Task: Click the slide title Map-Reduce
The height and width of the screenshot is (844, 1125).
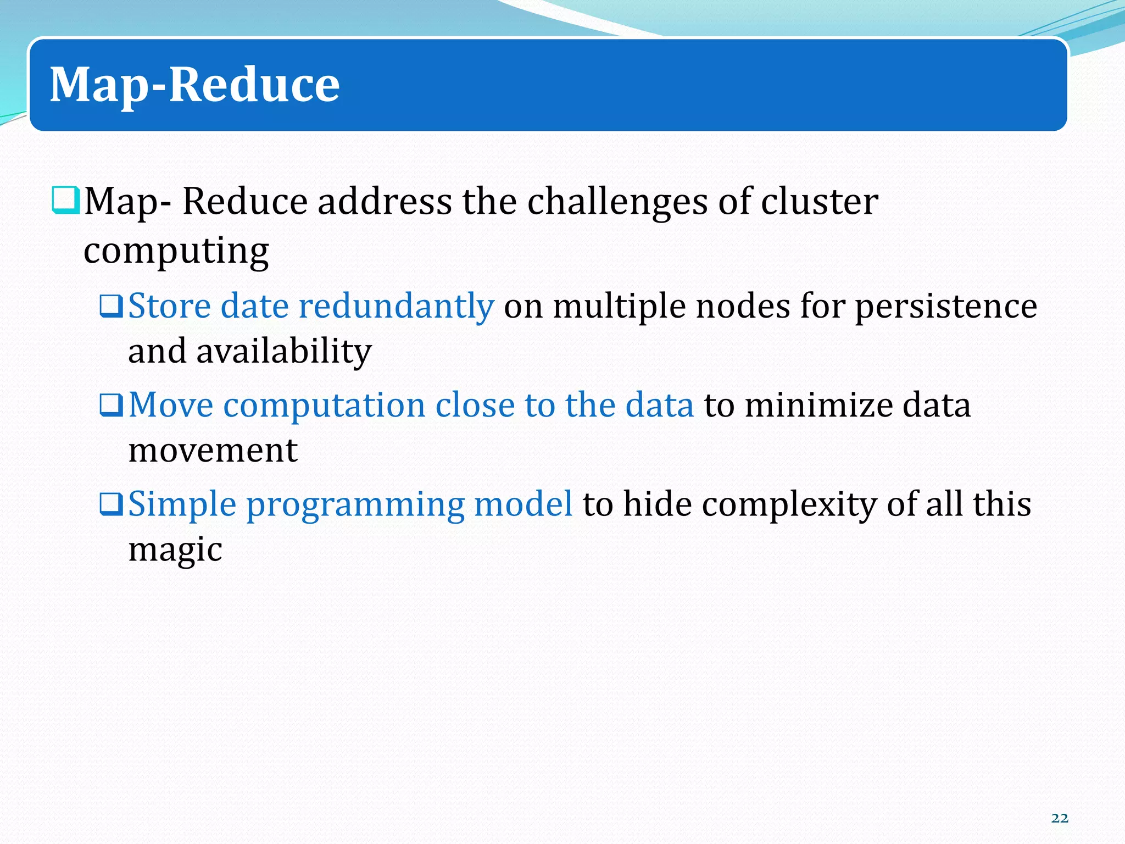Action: click(194, 85)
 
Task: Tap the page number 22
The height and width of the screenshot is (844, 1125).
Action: click(1060, 818)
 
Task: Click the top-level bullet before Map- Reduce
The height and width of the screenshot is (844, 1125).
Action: click(66, 200)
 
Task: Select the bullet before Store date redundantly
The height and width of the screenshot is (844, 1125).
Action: click(111, 306)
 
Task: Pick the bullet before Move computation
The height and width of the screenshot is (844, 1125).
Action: click(111, 406)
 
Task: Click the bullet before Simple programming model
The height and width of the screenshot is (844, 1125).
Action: click(111, 504)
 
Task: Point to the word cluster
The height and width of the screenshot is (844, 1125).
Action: click(819, 201)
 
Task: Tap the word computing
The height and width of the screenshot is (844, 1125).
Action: click(176, 251)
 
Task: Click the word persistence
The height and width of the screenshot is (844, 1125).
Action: click(945, 306)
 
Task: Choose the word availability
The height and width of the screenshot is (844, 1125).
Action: click(284, 352)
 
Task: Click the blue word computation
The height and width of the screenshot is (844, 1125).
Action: click(324, 406)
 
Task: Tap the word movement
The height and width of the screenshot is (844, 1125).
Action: click(213, 451)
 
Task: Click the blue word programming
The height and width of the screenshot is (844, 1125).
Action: click(354, 505)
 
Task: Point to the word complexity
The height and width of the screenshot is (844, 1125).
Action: click(789, 505)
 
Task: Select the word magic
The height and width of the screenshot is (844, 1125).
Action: click(175, 550)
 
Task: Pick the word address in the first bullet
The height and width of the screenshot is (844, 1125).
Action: click(385, 201)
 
